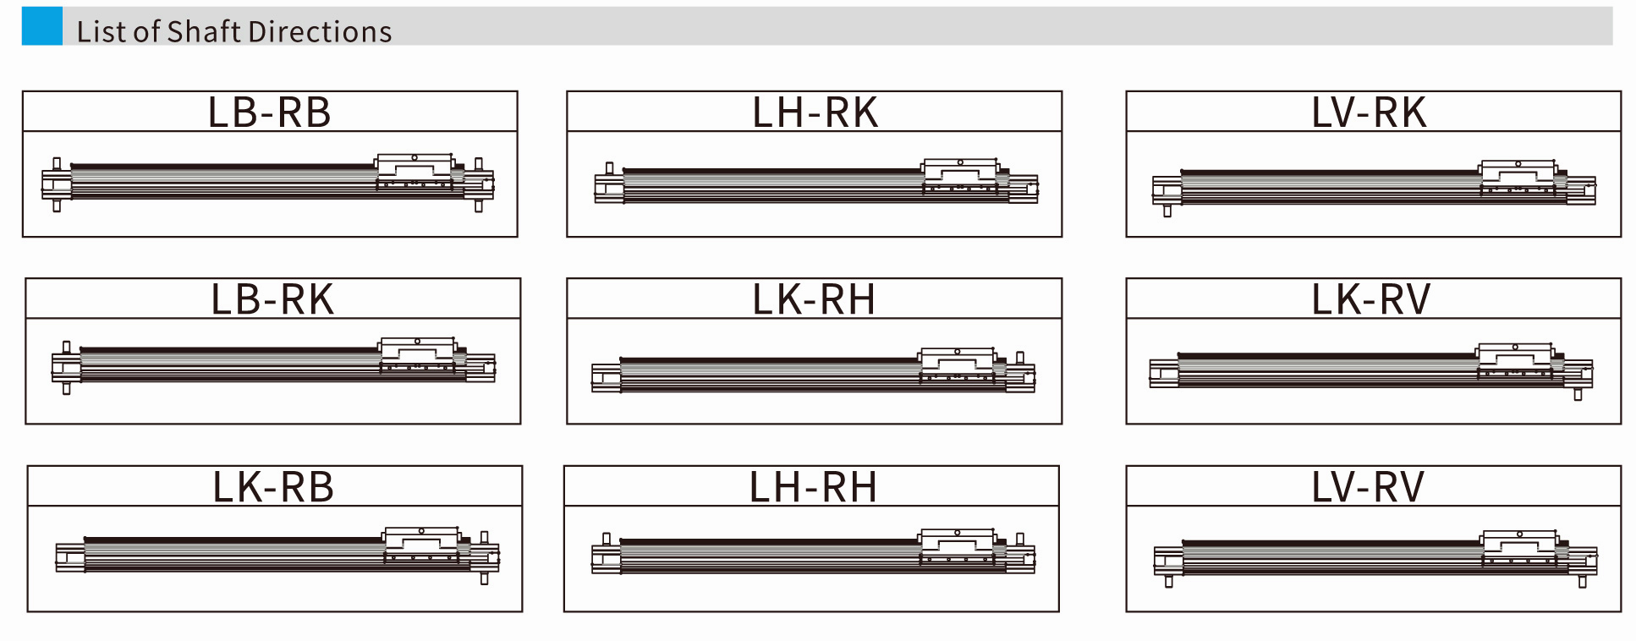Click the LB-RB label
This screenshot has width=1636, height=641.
(269, 112)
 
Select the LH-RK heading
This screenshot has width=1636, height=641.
(815, 112)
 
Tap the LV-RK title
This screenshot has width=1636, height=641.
(1369, 112)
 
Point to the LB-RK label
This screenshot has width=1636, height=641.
(272, 299)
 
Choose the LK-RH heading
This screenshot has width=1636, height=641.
(814, 299)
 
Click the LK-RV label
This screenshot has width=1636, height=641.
(1370, 299)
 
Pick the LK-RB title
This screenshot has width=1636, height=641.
(273, 487)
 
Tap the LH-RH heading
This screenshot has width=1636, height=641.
(813, 487)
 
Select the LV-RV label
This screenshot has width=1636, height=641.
(1368, 487)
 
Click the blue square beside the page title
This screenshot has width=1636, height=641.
(42, 26)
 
